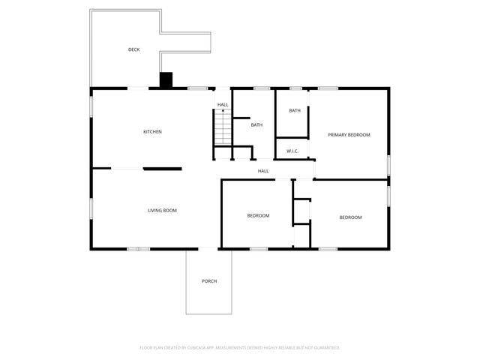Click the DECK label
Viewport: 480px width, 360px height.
133,50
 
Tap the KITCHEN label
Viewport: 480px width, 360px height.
153,132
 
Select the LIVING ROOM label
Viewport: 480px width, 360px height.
162,211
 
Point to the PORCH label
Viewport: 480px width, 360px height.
209,281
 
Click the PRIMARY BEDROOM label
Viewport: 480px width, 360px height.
349,135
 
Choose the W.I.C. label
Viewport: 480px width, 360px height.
292,151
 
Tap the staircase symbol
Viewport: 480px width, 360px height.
222,127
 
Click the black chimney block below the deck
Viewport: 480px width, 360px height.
166,79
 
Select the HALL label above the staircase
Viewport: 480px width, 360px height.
223,104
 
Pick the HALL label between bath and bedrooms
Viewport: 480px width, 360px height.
263,171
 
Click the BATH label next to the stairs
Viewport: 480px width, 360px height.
256,125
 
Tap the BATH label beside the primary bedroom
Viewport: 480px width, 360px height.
295,111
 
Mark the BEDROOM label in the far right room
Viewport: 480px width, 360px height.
350,217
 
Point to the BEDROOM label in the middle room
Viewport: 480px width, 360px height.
258,216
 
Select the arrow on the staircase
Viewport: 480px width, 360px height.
222,112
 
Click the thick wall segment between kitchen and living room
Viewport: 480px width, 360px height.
162,169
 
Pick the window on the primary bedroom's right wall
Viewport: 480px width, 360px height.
388,163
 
